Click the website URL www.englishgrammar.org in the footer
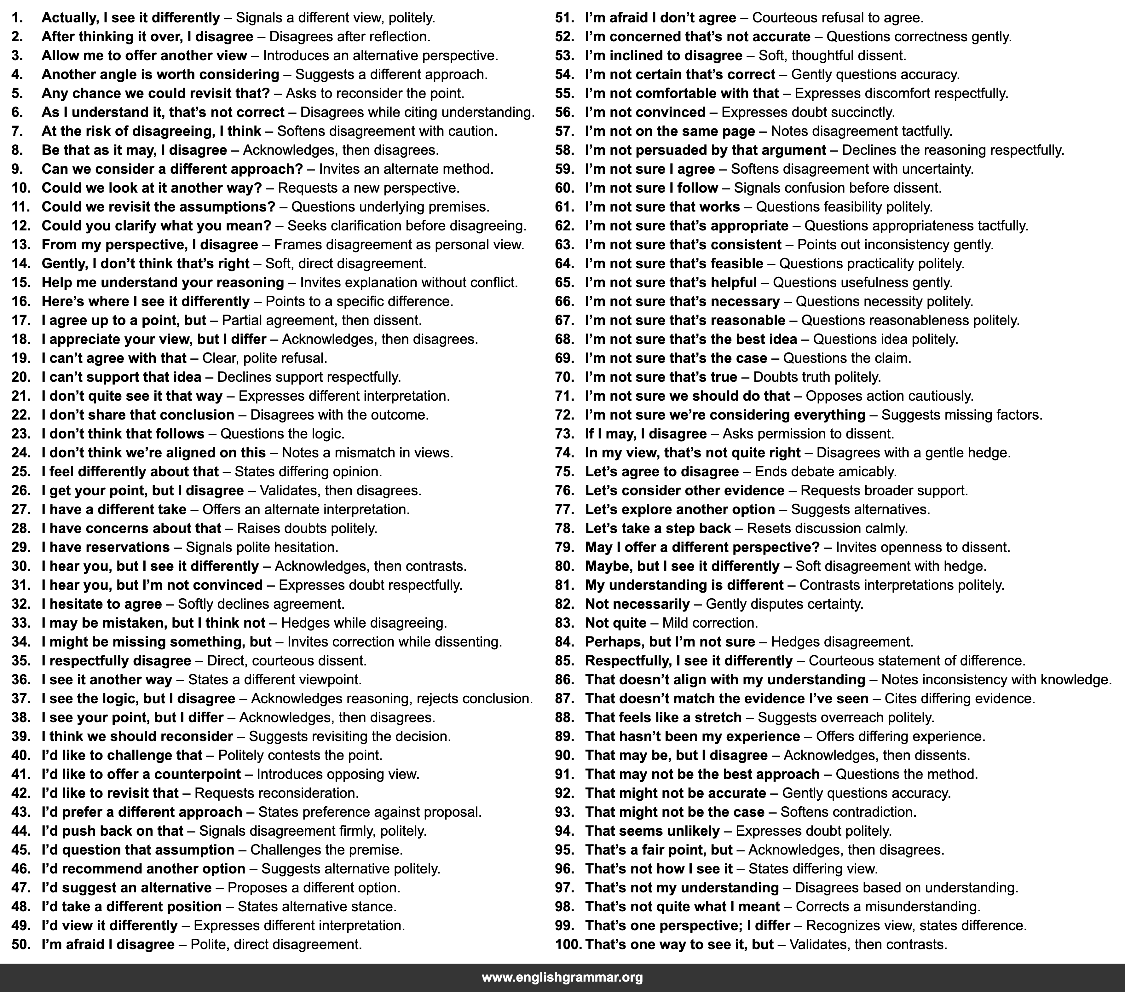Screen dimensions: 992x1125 (562, 978)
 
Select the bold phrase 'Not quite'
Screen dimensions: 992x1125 (615, 623)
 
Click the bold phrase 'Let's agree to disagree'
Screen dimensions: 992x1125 (661, 472)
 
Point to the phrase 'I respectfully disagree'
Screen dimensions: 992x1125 (116, 661)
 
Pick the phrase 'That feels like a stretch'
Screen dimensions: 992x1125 (663, 718)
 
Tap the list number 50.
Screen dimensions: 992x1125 (20, 945)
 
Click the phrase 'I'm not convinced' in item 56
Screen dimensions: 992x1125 (645, 112)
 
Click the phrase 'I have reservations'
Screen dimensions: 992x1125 (106, 547)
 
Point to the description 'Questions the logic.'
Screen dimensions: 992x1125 (282, 434)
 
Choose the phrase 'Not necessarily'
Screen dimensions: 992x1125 (637, 604)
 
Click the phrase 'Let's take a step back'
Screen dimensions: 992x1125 (658, 529)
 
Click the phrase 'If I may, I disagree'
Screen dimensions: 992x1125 (646, 434)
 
